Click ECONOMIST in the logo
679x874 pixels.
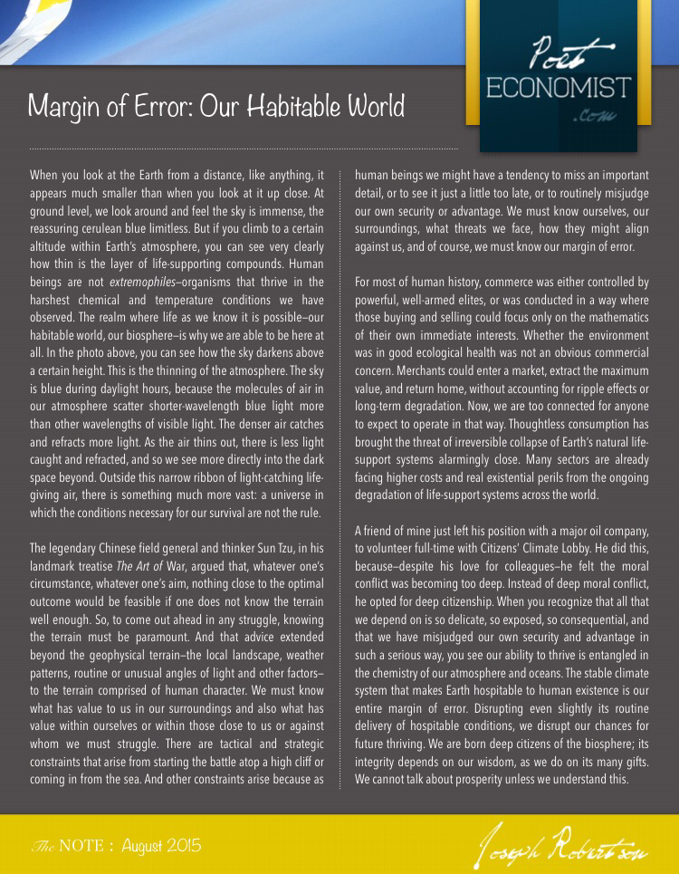click(558, 89)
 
